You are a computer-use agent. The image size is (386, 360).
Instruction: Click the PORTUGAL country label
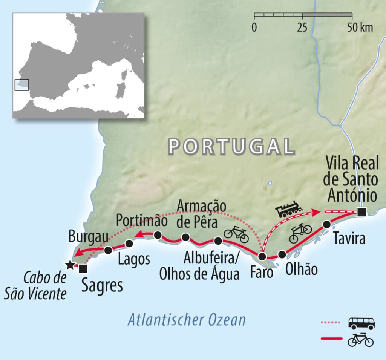pos(231,146)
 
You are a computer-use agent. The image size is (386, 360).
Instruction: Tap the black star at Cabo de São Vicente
pos(69,265)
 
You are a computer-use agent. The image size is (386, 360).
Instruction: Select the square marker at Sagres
pos(83,268)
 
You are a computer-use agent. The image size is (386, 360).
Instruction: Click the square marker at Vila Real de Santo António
pos(361,213)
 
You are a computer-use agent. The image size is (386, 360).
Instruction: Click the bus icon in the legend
pos(361,323)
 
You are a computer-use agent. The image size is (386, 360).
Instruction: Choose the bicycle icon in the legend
pos(360,340)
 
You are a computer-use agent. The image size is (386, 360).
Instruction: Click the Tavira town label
pos(349,238)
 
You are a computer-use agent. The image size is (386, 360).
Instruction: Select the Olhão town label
pos(301,270)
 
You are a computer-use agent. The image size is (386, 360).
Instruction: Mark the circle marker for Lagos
pos(129,244)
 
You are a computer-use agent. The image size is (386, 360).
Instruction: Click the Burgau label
pos(89,237)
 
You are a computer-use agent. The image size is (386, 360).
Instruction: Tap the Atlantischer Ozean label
pos(186,320)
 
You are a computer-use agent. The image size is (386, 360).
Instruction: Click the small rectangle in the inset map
pos(21,85)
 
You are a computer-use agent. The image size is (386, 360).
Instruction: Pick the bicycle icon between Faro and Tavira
pos(300,233)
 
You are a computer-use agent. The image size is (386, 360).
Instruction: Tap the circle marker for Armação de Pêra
pos(185,237)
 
